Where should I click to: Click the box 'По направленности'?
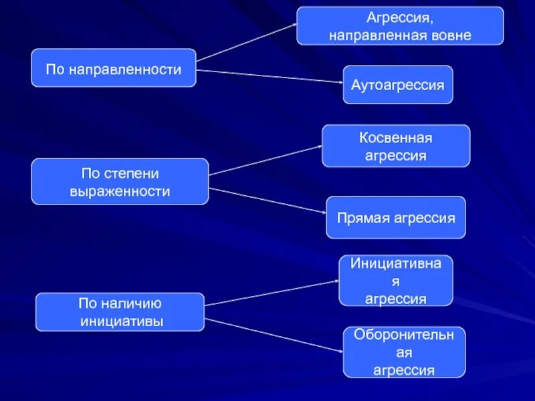coord(114,68)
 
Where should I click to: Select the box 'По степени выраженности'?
coord(120,182)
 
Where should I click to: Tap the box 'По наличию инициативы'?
coord(120,312)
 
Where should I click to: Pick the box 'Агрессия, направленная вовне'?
coord(400,26)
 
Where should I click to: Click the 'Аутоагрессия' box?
coord(398,85)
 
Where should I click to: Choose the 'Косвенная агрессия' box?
coord(396,146)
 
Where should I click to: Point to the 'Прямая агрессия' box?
coord(396,218)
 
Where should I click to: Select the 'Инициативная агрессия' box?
coord(396,281)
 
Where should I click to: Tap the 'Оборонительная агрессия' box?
coord(404,352)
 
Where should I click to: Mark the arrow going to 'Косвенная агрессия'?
coord(265,160)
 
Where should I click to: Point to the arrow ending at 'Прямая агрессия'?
coord(267,200)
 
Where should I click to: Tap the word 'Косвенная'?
coord(396,138)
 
